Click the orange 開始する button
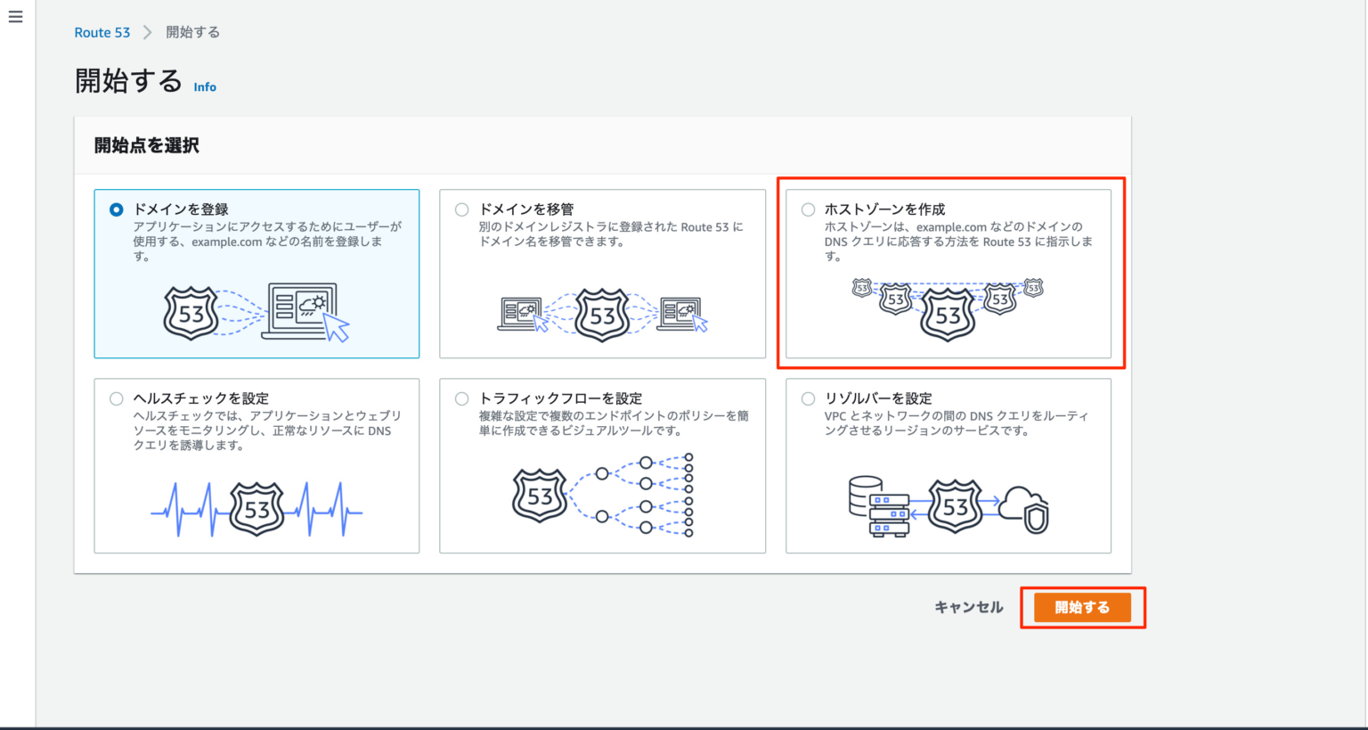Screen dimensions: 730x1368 [1082, 607]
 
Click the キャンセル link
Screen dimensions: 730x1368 [968, 607]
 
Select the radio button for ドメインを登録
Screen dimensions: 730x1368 [117, 209]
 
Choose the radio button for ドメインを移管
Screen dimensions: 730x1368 [461, 209]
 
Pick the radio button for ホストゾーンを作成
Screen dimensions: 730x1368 [808, 209]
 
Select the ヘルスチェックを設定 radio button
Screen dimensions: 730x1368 [117, 398]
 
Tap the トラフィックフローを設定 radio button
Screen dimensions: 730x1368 [461, 398]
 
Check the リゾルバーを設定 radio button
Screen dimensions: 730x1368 [808, 398]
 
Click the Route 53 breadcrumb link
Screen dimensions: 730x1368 [102, 32]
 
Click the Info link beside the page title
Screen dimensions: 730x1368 [205, 86]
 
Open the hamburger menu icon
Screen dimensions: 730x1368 [15, 17]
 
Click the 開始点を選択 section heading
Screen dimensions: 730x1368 [147, 145]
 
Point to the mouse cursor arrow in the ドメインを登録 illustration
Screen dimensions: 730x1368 [337, 328]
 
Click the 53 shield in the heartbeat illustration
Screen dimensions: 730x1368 [256, 509]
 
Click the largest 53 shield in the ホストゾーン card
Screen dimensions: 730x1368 [948, 315]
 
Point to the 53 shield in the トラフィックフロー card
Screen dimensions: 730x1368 [540, 496]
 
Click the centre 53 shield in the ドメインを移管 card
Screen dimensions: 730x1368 [602, 315]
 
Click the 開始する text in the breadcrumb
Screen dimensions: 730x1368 [192, 32]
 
